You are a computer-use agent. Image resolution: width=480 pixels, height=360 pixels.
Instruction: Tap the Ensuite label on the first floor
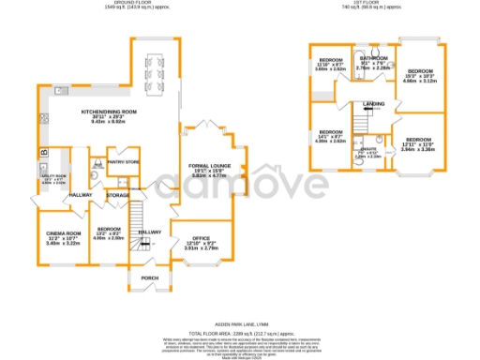tap(367, 148)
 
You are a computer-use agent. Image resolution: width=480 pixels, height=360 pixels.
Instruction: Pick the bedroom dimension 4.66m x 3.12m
tap(418, 82)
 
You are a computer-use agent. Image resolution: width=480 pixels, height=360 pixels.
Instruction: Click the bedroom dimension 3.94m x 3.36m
tap(418, 148)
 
